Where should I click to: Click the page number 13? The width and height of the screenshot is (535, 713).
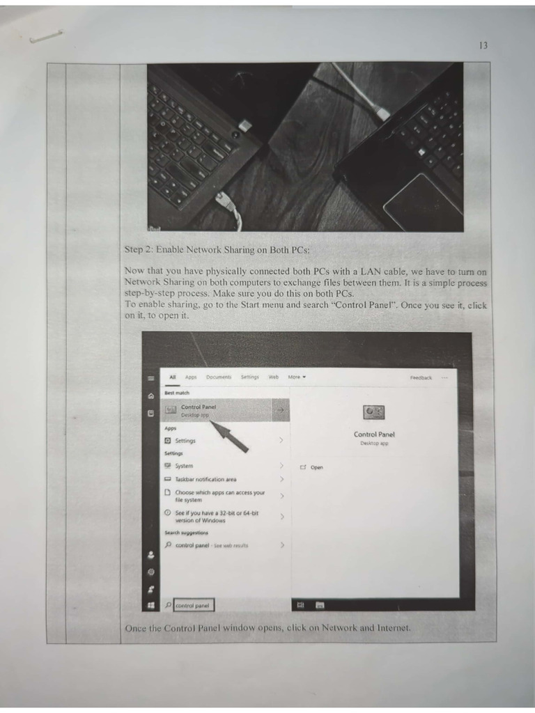483,45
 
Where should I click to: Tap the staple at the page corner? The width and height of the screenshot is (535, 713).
46,36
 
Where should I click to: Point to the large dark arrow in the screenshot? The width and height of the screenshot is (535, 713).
230,437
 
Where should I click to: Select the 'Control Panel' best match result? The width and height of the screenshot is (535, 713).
199,410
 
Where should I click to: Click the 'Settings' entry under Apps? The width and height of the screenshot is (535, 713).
185,441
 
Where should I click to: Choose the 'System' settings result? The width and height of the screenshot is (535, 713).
184,466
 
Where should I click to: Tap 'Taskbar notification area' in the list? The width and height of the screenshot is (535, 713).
206,479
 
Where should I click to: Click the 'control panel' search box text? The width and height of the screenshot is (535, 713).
192,606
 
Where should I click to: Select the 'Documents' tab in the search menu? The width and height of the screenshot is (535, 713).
218,377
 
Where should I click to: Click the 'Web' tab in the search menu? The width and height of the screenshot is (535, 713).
274,377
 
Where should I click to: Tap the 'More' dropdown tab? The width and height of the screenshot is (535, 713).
296,377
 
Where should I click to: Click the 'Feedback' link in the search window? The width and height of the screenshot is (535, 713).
421,378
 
